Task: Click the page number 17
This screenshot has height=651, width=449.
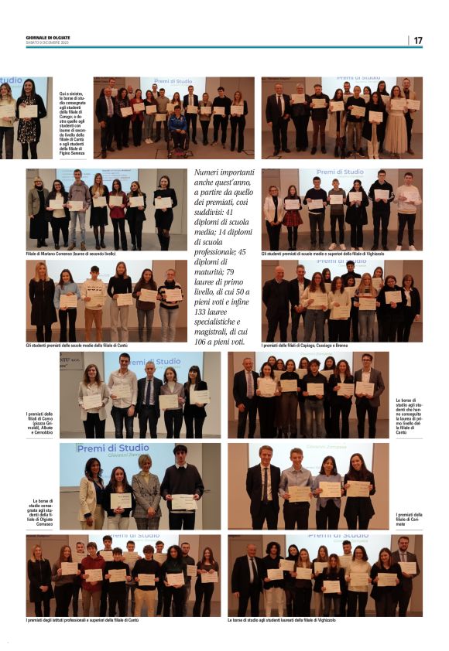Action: point(417,40)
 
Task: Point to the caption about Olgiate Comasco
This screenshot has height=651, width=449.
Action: point(43,513)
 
